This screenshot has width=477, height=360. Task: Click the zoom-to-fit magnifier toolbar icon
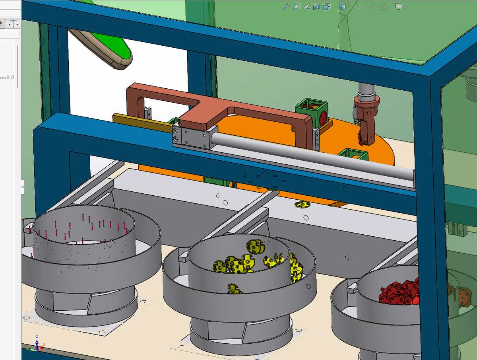click(x=287, y=7)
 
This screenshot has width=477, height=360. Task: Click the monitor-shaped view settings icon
click(x=399, y=7)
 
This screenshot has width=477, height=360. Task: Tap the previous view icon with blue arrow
click(x=306, y=7)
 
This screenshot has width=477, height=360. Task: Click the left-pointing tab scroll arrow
click(x=10, y=25)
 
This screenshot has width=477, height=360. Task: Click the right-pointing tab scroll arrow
click(x=17, y=25)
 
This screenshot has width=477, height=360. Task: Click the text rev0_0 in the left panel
click(x=7, y=78)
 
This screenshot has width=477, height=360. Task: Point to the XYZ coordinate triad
click(x=37, y=343)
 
